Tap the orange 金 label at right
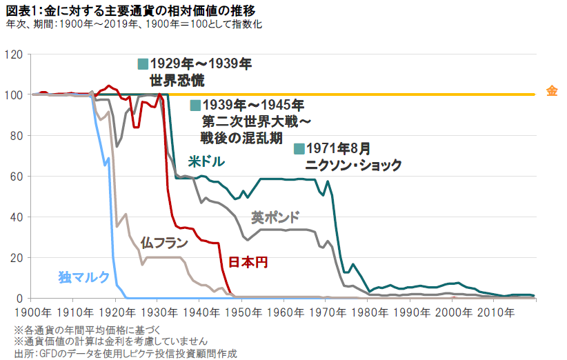click(x=551, y=92)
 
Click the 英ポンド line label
click(x=275, y=217)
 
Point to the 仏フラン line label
click(x=163, y=243)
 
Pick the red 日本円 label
click(x=247, y=262)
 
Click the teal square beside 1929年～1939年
click(x=143, y=64)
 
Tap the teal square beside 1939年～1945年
click(x=195, y=106)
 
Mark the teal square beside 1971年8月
click(x=299, y=148)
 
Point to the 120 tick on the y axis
click(x=14, y=54)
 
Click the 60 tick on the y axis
click(x=17, y=176)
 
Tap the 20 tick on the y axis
click(x=17, y=257)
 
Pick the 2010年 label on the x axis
click(x=494, y=311)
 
